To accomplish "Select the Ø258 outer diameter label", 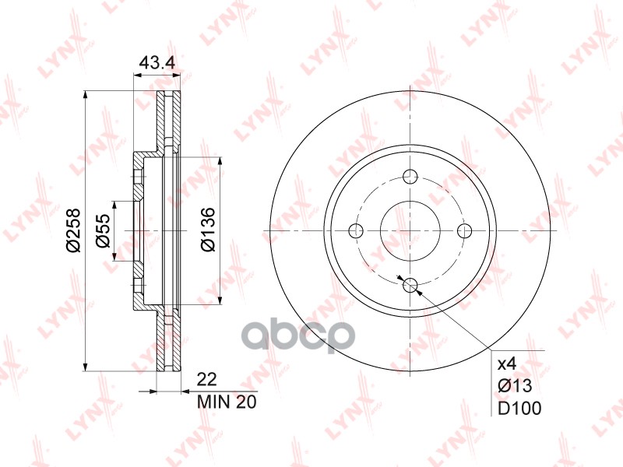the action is point(73,230).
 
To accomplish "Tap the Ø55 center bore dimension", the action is point(103,230).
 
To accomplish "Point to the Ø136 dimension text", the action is point(208,230).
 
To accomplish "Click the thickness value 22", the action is point(207,380).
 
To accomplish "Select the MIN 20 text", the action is point(227,402).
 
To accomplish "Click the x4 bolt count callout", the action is point(507,363).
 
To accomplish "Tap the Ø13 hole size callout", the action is point(515,385).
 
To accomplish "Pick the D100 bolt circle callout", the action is point(519,408).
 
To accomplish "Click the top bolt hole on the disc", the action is point(410,176).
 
